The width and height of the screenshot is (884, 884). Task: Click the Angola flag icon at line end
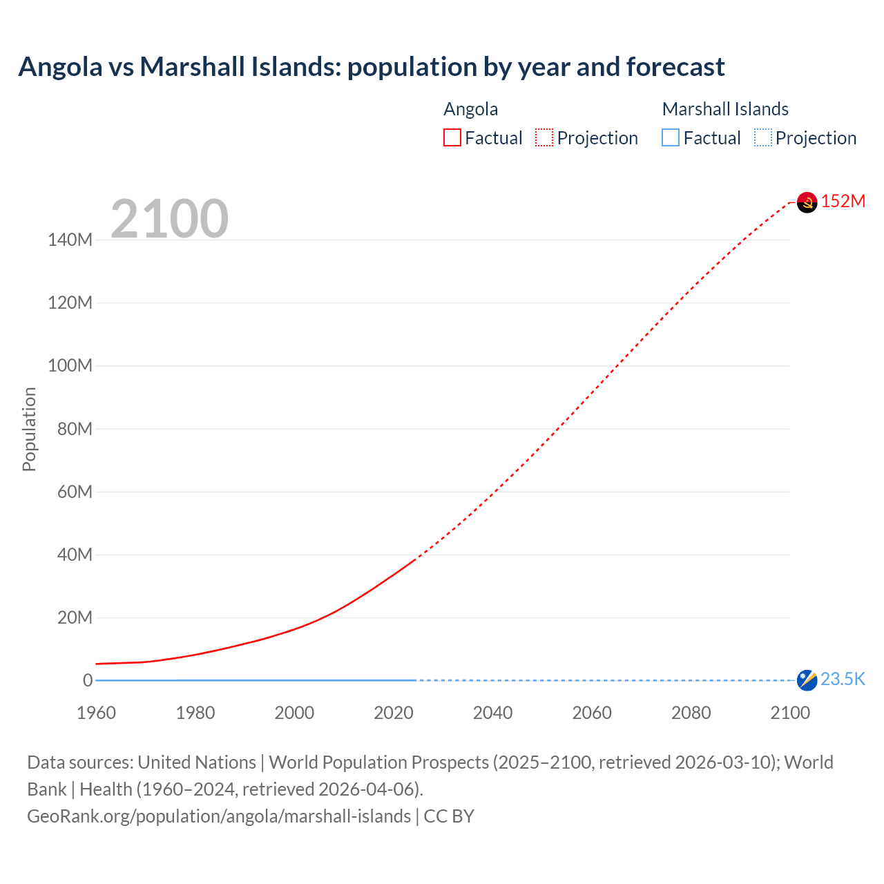click(x=807, y=202)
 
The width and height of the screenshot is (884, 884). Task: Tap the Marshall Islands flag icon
click(x=807, y=680)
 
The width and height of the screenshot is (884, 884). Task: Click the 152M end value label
click(x=843, y=201)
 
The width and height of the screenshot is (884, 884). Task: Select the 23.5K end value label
click(x=843, y=680)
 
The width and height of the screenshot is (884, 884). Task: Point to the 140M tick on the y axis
click(x=70, y=240)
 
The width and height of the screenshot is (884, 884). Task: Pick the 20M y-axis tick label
click(x=74, y=617)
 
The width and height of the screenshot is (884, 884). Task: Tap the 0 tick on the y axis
click(x=88, y=680)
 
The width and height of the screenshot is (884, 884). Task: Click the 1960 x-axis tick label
click(x=96, y=713)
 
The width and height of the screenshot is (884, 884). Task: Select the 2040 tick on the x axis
click(x=492, y=713)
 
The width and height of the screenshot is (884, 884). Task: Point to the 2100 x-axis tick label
click(x=790, y=713)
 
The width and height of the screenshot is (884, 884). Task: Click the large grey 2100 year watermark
click(x=169, y=219)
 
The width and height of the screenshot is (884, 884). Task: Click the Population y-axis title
click(x=29, y=429)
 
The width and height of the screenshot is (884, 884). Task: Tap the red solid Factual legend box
click(x=452, y=138)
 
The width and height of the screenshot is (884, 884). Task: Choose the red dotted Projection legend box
click(x=544, y=138)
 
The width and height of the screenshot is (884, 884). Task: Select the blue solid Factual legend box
click(x=671, y=138)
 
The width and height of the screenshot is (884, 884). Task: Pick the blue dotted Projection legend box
click(x=762, y=138)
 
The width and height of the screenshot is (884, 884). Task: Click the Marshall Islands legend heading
click(x=725, y=109)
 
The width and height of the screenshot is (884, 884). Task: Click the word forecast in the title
click(x=675, y=67)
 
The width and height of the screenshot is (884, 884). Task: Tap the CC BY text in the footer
click(x=449, y=816)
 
